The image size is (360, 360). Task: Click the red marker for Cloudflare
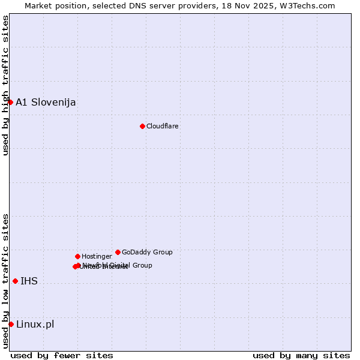[x=142, y=126]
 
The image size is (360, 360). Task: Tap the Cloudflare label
[x=163, y=127]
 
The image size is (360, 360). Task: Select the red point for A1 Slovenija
[x=10, y=102]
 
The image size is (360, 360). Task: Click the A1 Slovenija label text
[x=46, y=103]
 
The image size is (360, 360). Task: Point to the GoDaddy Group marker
[x=118, y=252]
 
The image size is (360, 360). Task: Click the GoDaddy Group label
[x=147, y=253]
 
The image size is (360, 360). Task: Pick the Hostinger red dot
[x=77, y=256]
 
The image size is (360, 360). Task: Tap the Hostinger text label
[x=97, y=257]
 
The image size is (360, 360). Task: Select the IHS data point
[x=15, y=281]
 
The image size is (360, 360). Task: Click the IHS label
[x=29, y=281]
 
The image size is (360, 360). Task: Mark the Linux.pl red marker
[x=11, y=324]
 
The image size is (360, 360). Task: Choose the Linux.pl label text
[x=35, y=325]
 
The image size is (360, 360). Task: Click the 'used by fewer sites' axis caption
[x=62, y=356]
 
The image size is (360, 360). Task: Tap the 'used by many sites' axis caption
[x=301, y=356]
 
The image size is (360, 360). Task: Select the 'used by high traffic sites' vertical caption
[x=5, y=85]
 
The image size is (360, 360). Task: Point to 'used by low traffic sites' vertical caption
[x=5, y=281]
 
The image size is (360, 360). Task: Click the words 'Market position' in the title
[x=53, y=5]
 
